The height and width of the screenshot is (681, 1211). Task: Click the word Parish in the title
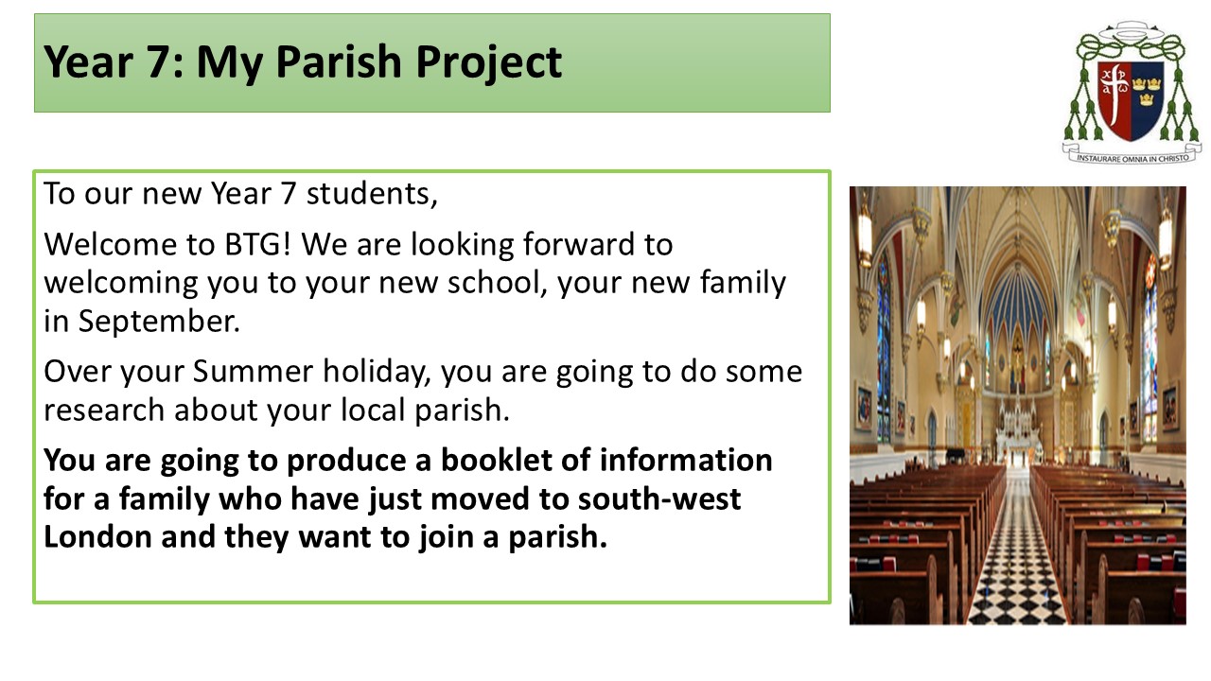point(340,61)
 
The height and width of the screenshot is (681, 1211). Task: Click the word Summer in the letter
point(253,372)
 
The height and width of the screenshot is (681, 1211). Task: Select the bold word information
point(686,461)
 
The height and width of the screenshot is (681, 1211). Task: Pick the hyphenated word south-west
point(659,499)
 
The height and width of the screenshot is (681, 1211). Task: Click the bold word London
point(97,537)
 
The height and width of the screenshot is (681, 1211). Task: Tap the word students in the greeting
point(372,194)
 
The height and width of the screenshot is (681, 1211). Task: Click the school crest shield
point(1131,100)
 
